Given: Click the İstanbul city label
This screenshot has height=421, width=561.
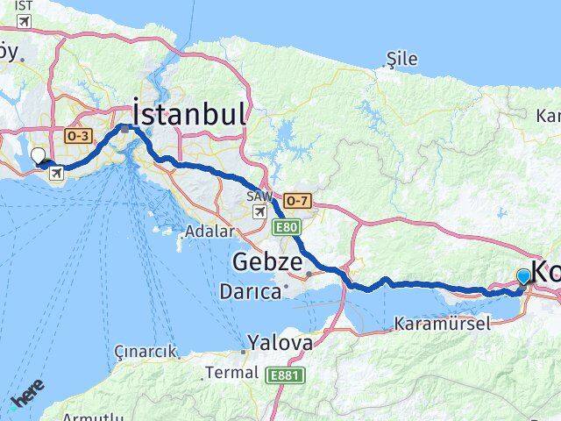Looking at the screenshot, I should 188,115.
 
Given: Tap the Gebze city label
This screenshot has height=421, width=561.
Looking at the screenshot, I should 267,262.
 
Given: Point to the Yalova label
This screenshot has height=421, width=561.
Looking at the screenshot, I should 280,342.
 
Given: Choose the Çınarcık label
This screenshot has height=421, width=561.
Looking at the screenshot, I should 145,352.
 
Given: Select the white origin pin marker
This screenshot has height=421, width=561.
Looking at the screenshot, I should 38,156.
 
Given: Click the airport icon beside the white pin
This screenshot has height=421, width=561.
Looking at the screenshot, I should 57,172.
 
